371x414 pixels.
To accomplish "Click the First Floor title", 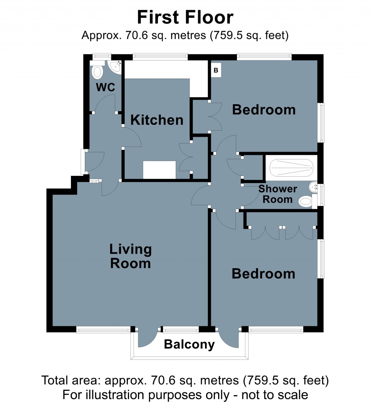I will (185, 17).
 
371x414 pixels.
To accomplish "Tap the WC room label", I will (105, 87).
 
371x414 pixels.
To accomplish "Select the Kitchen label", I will (157, 120).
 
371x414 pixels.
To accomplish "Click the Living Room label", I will (130, 256).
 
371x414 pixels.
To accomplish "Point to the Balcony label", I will (189, 344).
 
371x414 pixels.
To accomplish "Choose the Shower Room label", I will (278, 194).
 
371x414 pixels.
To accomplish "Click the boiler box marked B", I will (216, 71).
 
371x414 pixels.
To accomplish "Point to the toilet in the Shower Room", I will (306, 201).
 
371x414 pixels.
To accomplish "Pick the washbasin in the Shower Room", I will (313, 187).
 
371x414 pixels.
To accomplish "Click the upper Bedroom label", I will (264, 109).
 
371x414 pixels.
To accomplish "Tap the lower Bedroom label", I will (263, 274).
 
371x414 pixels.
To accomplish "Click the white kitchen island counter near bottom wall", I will (159, 170).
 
